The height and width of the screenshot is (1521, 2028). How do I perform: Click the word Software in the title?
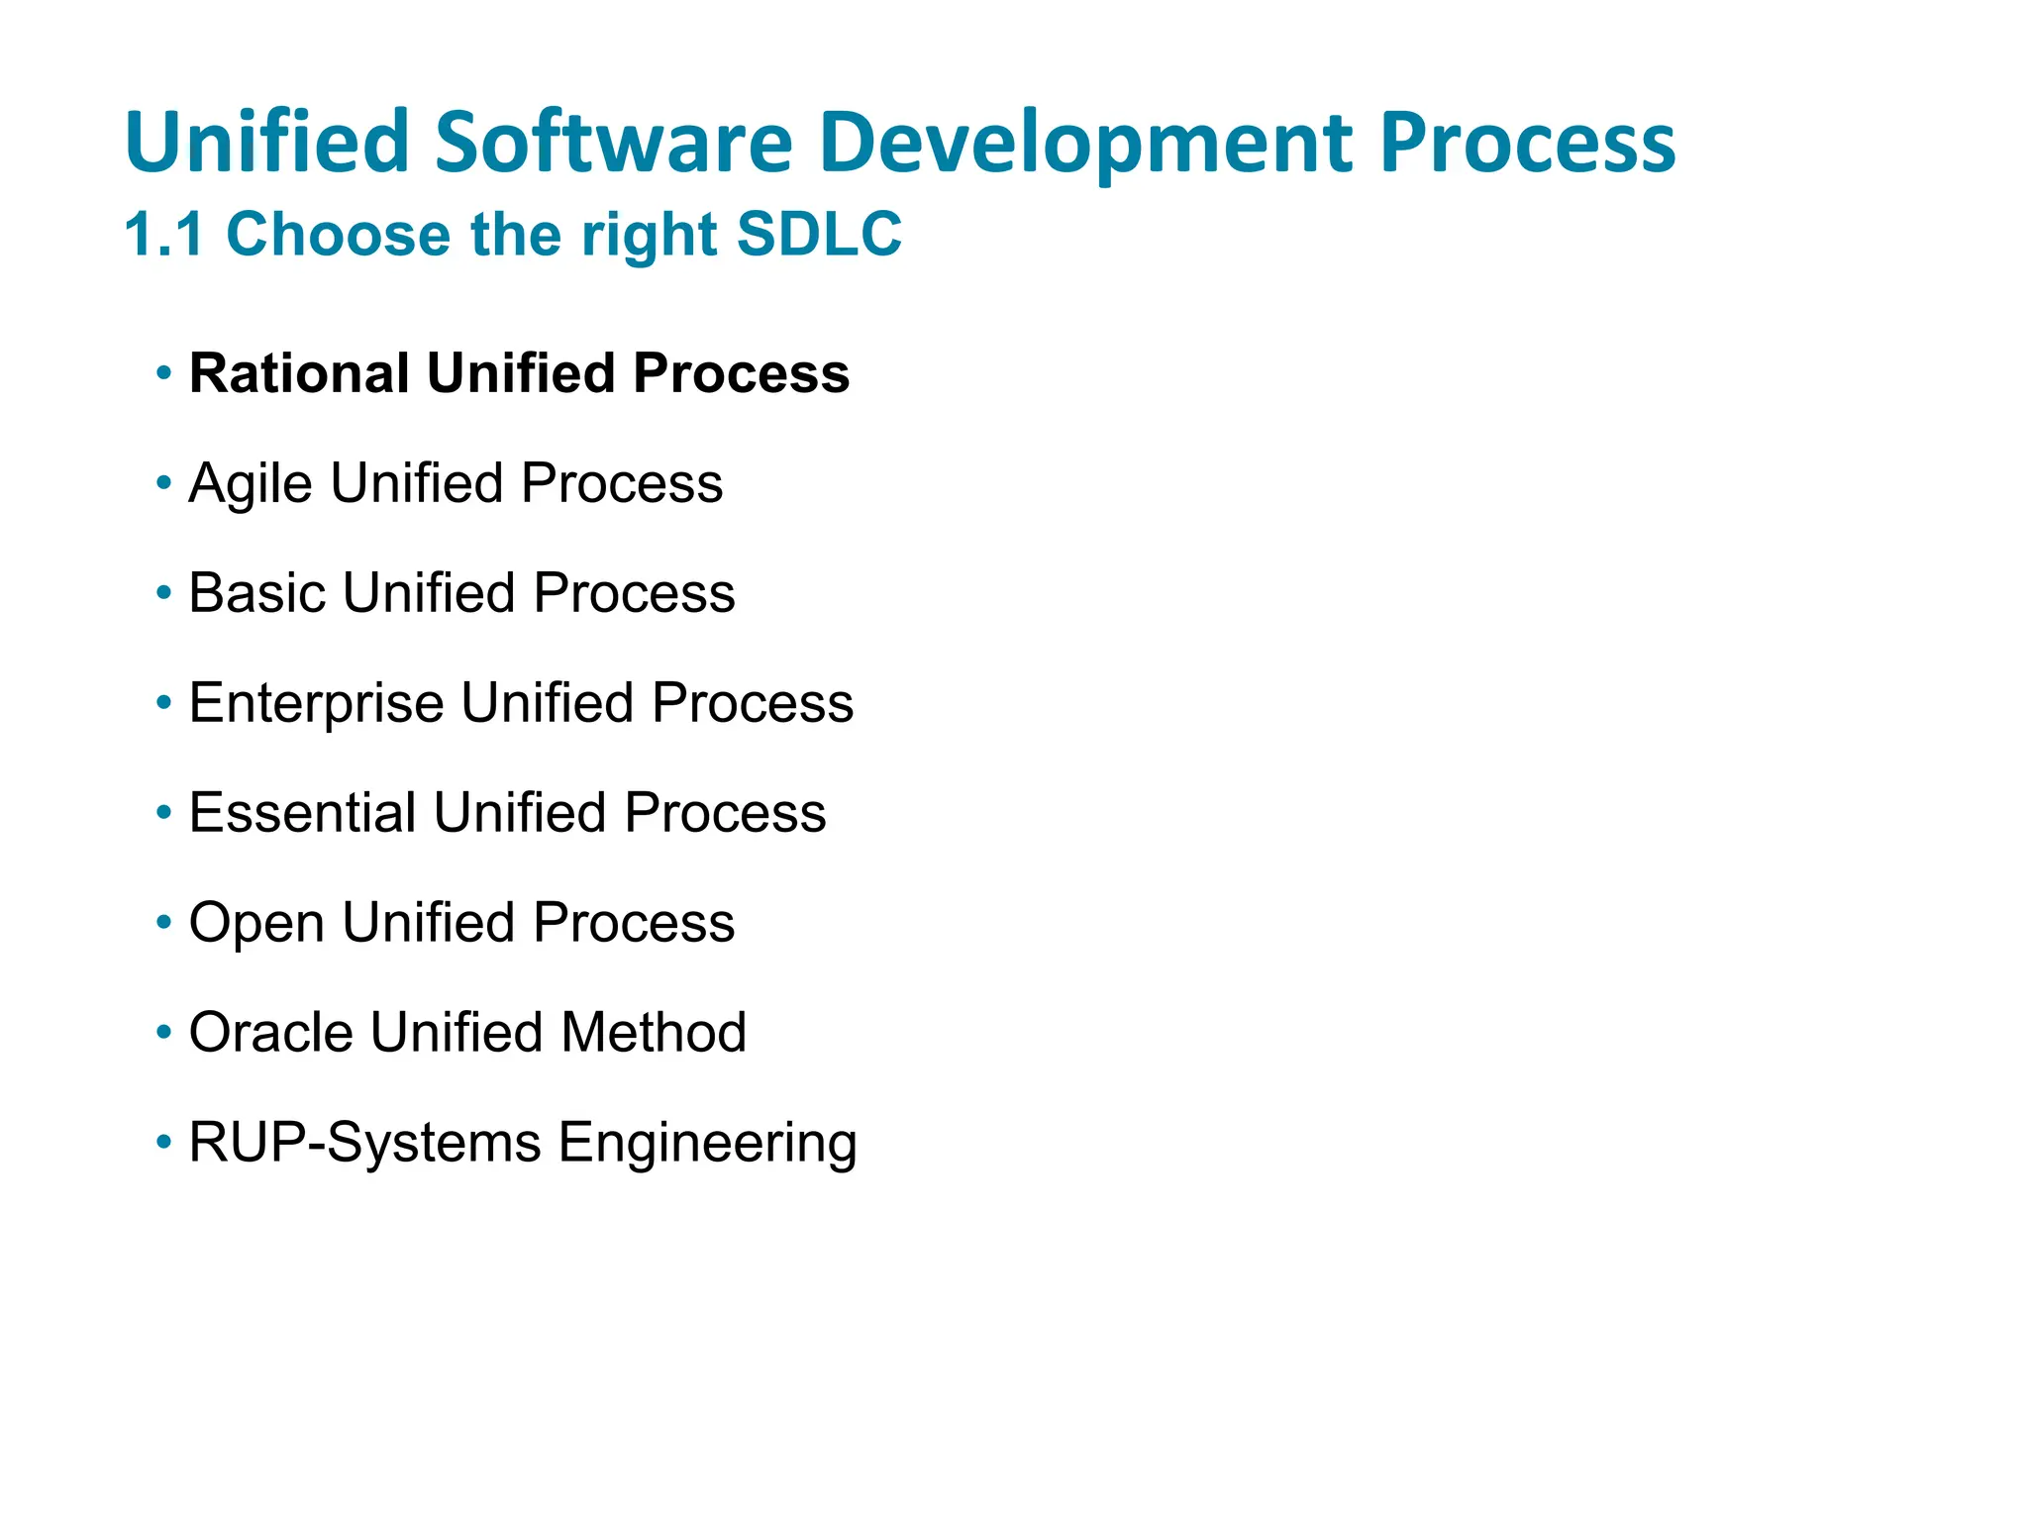pos(613,142)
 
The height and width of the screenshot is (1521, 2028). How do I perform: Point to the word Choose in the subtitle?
pos(339,235)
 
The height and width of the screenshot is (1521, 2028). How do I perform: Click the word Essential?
pos(302,813)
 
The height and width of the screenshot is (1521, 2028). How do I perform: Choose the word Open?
pos(256,923)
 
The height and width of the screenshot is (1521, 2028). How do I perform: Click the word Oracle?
pos(270,1033)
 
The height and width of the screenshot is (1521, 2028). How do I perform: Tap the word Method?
pos(654,1033)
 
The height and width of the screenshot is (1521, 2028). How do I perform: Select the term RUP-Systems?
pos(364,1143)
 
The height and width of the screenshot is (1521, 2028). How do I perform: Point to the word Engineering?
pos(707,1143)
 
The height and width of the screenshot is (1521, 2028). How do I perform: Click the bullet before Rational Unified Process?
pos(163,374)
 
